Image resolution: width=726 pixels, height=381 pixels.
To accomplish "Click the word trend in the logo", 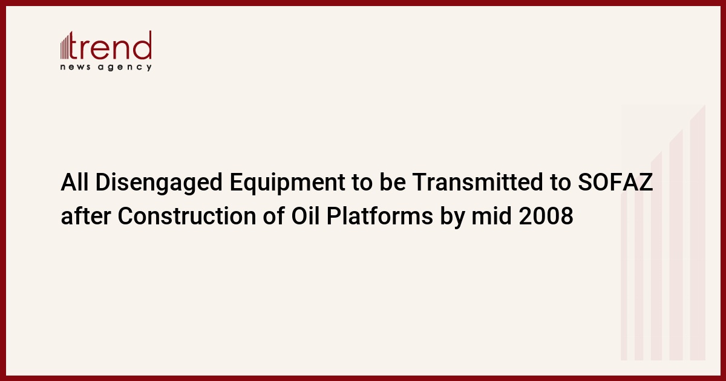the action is tap(110, 45).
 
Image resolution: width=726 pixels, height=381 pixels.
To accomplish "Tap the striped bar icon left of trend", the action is tap(64, 47).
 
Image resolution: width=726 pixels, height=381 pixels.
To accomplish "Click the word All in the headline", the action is tap(74, 182).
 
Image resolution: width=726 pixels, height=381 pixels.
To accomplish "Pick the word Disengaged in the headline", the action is tap(159, 183).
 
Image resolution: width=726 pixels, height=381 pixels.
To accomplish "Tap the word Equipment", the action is tap(287, 183).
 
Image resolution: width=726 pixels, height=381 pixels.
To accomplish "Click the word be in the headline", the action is tap(393, 182).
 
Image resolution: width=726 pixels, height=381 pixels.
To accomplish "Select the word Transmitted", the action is tap(477, 182).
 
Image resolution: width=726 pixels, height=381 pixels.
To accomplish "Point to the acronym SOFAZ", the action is tap(615, 182).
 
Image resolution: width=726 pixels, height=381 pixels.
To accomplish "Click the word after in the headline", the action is tap(86, 216).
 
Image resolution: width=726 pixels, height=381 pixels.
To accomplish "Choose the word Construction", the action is tap(187, 216).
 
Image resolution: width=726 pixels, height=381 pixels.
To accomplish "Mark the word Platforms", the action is tap(379, 216).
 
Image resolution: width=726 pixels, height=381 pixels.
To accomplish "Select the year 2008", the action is tap(546, 216).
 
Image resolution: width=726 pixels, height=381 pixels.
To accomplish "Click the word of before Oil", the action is tap(274, 216).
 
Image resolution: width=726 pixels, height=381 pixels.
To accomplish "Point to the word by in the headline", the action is tap(452, 217).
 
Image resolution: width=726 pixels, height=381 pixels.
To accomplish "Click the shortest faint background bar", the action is tap(624, 276).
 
